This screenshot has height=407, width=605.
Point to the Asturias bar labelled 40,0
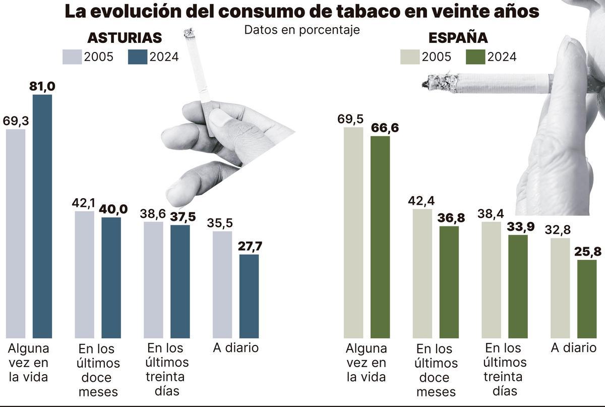coord(111,277)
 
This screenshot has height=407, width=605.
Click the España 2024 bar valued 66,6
coord(380,237)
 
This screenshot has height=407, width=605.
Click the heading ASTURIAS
coord(125,38)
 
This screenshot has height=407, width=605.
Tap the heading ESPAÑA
coord(458,38)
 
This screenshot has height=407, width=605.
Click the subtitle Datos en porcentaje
coord(302,30)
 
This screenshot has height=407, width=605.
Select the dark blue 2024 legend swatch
coord(138,57)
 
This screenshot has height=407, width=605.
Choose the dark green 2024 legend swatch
coord(475,57)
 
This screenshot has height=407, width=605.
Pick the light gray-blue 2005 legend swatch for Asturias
coord(72,57)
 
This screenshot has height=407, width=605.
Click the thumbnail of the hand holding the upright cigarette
coord(222,146)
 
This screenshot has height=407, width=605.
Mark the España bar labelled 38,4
coord(491,279)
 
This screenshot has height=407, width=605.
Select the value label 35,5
coord(222,223)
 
